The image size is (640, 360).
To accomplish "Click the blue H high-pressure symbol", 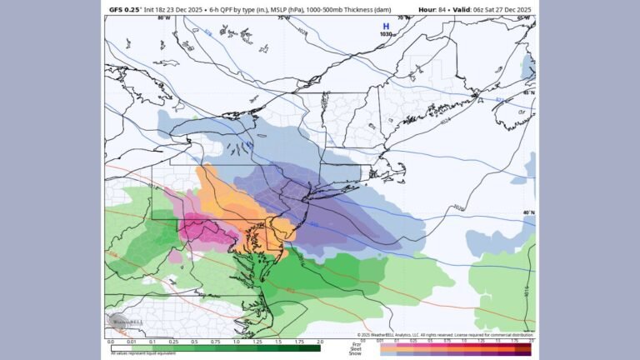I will [385, 26].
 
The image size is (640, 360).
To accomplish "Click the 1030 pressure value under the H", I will [385, 34].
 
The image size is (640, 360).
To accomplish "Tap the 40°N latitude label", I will [528, 212].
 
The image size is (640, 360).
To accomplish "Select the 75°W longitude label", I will [283, 17].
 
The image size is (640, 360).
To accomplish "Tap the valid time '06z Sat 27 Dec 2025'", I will [492, 7].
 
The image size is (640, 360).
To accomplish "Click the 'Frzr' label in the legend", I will [360, 342].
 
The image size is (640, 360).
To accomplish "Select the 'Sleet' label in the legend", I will [360, 347].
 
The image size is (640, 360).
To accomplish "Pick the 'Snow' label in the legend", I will [360, 353].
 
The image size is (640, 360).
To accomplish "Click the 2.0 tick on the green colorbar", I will [320, 342].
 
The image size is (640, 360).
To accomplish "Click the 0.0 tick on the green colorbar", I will [110, 342].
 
